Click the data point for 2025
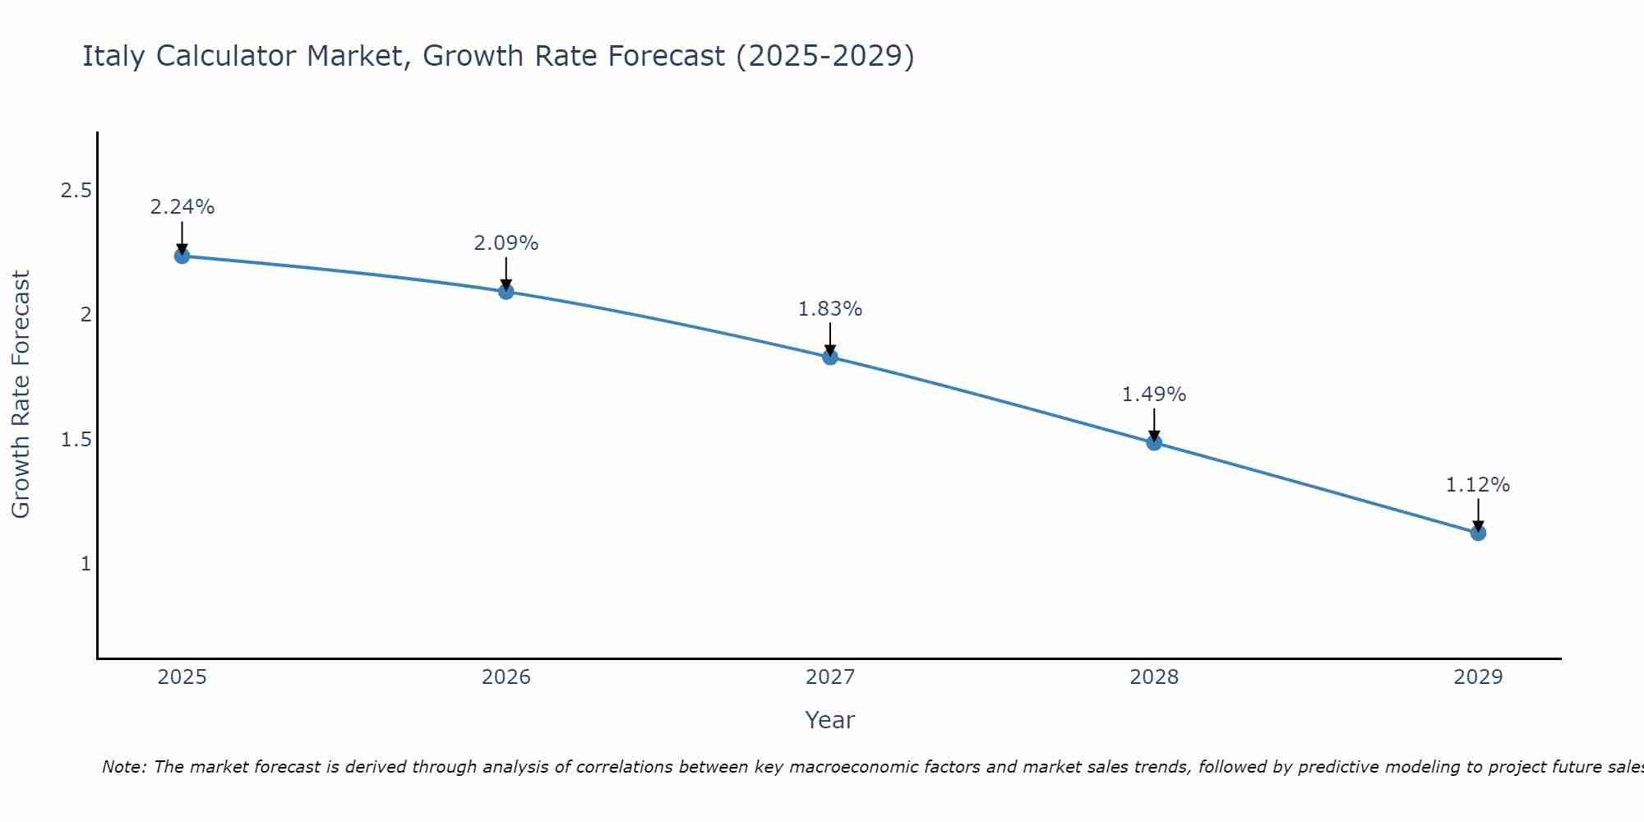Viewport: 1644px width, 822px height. [x=182, y=256]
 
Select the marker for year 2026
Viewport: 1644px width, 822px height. [x=506, y=291]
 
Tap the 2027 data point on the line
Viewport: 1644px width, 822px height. [x=830, y=357]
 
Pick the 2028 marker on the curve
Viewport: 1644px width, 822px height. [x=1154, y=442]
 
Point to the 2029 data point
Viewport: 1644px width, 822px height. [x=1478, y=533]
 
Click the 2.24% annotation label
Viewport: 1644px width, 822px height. [x=182, y=207]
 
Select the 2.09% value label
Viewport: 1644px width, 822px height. [x=506, y=243]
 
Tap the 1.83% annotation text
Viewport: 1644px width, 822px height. [x=830, y=309]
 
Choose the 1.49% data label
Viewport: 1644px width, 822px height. [x=1154, y=395]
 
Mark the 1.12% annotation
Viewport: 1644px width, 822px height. [x=1478, y=485]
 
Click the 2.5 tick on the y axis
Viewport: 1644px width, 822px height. [x=76, y=191]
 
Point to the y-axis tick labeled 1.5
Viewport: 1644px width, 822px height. [x=76, y=440]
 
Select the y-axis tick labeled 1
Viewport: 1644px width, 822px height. [x=85, y=564]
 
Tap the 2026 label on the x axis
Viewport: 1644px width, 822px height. [x=506, y=677]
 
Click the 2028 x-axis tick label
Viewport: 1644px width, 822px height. [x=1154, y=677]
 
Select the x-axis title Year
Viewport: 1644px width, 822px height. [x=830, y=720]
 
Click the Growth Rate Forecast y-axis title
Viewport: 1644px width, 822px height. [x=21, y=395]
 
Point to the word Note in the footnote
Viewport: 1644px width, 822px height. [x=123, y=767]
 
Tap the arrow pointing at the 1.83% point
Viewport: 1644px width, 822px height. [x=830, y=339]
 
